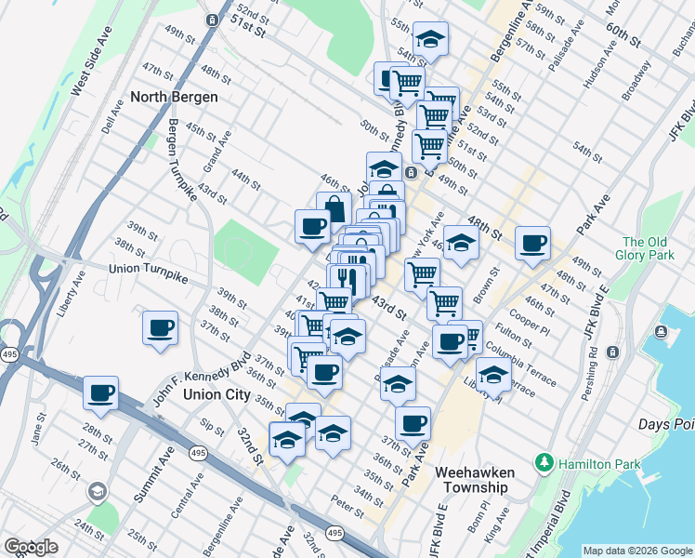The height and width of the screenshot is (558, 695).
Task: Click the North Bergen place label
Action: [x=175, y=97]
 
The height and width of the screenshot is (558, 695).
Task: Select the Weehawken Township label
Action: [x=475, y=480]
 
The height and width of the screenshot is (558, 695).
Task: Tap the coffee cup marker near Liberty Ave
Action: [x=161, y=328]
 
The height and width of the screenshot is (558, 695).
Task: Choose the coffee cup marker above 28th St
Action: [x=99, y=392]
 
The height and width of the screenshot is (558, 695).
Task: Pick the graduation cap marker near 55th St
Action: [x=429, y=40]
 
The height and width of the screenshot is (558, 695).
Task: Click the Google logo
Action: [x=31, y=547]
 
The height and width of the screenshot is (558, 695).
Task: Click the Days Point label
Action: [x=666, y=424]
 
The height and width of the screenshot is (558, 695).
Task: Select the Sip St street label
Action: [x=212, y=428]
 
